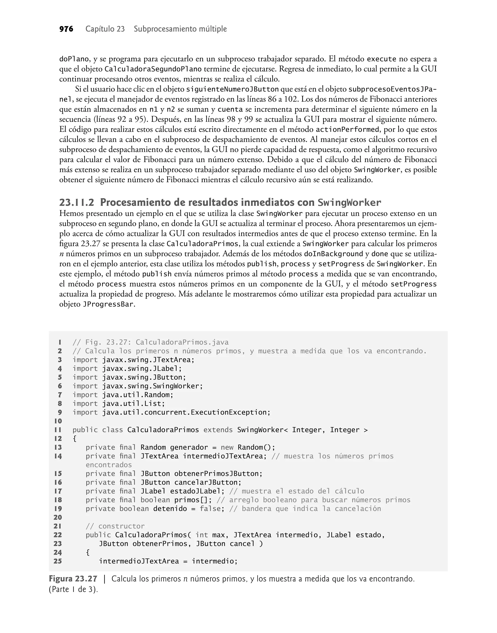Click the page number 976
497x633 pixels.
(x=66, y=29)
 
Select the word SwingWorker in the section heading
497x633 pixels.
(x=349, y=203)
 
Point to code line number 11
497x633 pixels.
(x=58, y=430)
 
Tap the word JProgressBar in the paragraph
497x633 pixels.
(x=108, y=304)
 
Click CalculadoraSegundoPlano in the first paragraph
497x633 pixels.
(x=153, y=69)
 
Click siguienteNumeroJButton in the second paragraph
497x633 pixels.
(x=232, y=89)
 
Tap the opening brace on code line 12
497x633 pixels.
(x=75, y=438)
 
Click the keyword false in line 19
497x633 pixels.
(x=212, y=508)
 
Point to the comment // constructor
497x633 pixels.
(x=115, y=526)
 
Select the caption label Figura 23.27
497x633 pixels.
(x=73, y=579)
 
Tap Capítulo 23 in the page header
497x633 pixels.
(x=105, y=29)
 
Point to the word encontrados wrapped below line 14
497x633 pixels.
(x=108, y=465)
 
